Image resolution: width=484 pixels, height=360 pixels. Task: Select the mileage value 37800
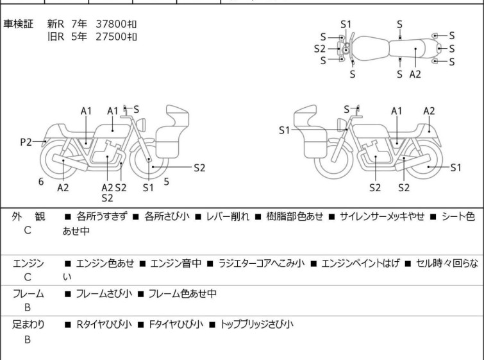point(110,24)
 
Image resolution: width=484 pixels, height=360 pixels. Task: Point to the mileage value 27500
point(110,36)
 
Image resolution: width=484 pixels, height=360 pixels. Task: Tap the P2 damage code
point(26,142)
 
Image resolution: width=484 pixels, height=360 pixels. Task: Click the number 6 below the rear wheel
point(41,182)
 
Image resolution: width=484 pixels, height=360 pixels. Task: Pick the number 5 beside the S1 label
point(167,182)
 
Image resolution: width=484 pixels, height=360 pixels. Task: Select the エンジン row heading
point(28,263)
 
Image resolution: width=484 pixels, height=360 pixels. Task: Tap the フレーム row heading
point(28,294)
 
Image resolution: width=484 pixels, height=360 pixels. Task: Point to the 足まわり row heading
point(28,325)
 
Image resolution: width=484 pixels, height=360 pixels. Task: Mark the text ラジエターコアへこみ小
point(265,263)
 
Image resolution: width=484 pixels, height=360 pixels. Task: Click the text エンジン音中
point(176,263)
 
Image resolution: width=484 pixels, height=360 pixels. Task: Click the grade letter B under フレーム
point(28,308)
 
